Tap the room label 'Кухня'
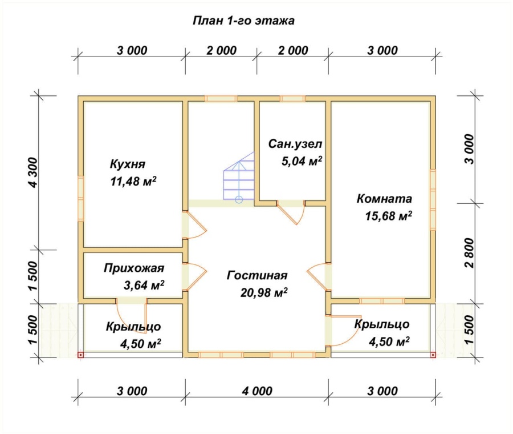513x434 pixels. pyautogui.click(x=128, y=164)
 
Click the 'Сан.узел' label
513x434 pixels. pyautogui.click(x=292, y=143)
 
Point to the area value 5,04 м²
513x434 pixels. pyautogui.click(x=302, y=161)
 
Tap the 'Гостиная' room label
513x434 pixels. pyautogui.click(x=256, y=275)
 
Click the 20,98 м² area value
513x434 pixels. pyautogui.click(x=263, y=293)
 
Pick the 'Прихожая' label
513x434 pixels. pyautogui.click(x=134, y=268)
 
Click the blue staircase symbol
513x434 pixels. pyautogui.click(x=239, y=178)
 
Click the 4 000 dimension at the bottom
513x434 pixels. pyautogui.click(x=257, y=391)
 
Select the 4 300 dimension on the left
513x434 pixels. pyautogui.click(x=32, y=172)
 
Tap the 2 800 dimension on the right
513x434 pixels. pyautogui.click(x=469, y=251)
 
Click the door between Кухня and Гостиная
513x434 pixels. pyautogui.click(x=196, y=226)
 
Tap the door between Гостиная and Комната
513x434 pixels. pyautogui.click(x=317, y=276)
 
